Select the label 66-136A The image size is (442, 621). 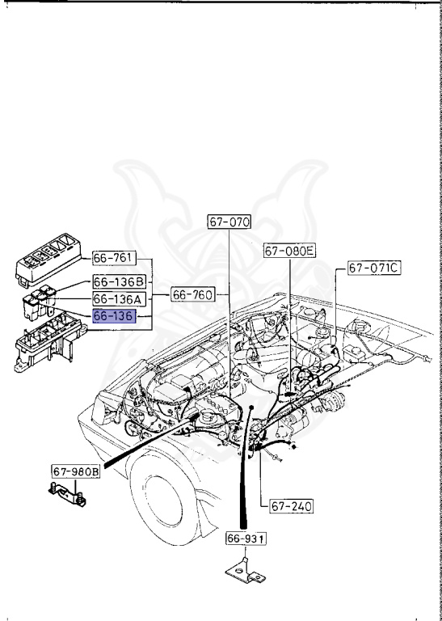pyautogui.click(x=118, y=299)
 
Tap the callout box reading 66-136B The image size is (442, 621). pyautogui.click(x=118, y=281)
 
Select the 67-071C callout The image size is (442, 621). pyautogui.click(x=374, y=268)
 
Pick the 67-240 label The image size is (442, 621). pyautogui.click(x=289, y=506)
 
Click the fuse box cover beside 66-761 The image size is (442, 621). pyautogui.click(x=48, y=260)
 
